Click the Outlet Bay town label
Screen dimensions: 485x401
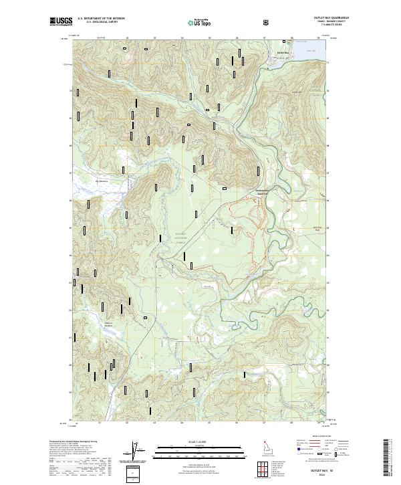(283, 52)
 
